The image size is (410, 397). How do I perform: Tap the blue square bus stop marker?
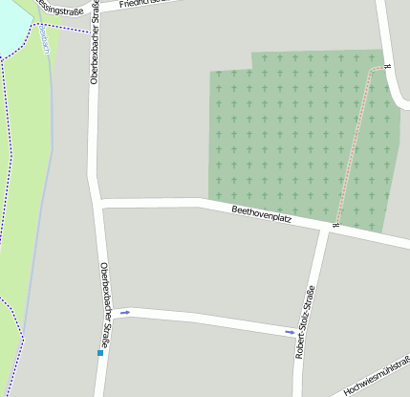tap(99, 353)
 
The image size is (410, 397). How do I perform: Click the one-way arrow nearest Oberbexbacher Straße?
tap(125, 313)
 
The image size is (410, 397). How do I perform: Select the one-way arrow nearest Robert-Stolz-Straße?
tap(290, 332)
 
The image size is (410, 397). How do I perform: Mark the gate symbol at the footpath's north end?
tap(386, 67)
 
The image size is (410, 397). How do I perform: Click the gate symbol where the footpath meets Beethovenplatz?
tap(335, 225)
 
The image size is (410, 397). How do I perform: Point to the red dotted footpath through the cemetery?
tap(356, 143)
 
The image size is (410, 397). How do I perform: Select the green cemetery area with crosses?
tap(277, 134)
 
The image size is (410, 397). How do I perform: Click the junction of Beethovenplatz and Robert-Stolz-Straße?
tap(327, 228)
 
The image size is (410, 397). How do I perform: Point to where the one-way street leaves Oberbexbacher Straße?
tap(104, 312)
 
